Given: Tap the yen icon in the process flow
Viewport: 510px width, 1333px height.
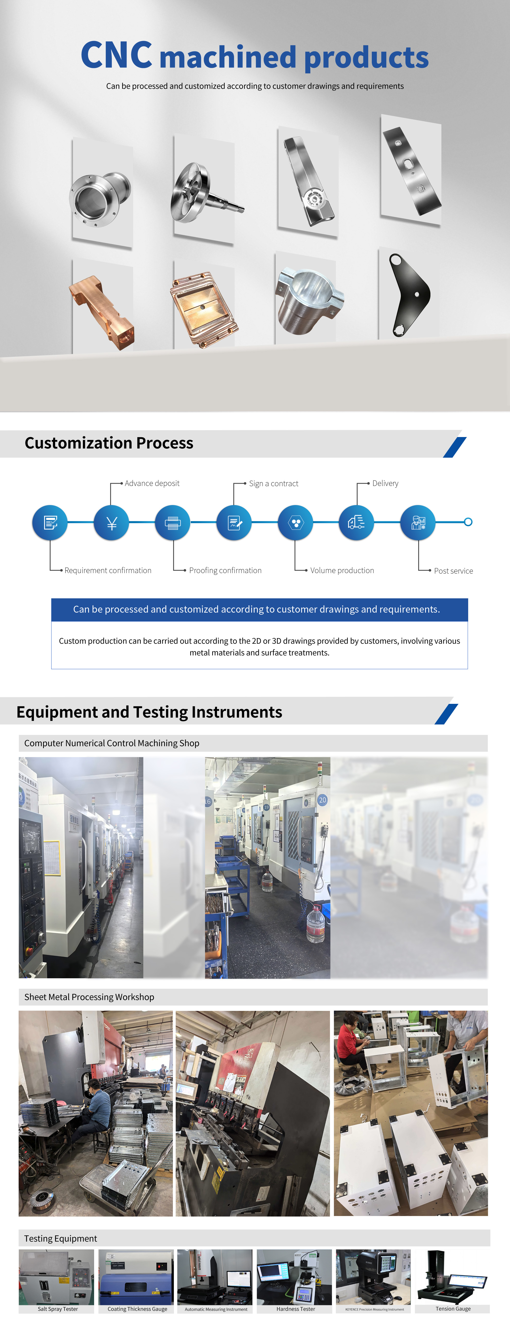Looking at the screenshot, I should click(111, 523).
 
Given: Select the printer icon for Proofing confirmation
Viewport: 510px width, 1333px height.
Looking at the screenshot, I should click(172, 523).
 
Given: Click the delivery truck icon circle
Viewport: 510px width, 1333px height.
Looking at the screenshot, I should click(356, 523).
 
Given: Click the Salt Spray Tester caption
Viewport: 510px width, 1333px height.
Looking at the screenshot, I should click(57, 1309).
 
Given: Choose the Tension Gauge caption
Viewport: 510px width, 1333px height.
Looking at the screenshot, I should click(453, 1309).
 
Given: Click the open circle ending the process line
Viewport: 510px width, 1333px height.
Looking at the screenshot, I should click(468, 522).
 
